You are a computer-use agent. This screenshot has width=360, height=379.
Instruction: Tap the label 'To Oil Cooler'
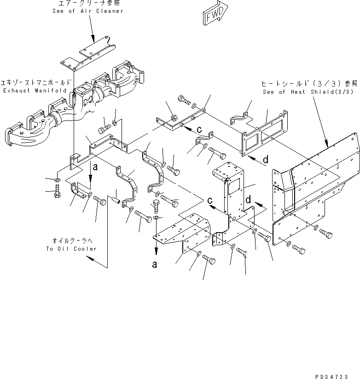[71, 249]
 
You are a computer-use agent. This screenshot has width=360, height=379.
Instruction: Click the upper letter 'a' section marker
[95, 168]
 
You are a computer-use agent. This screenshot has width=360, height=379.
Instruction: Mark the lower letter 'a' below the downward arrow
[156, 264]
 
